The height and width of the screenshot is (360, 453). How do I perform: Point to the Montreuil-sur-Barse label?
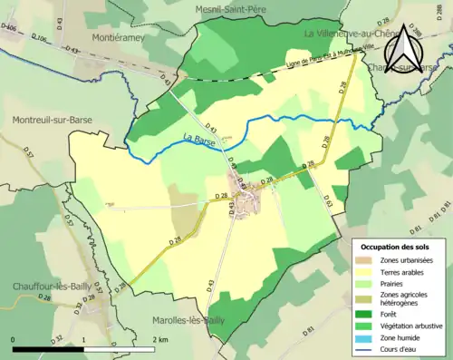tap(51, 120)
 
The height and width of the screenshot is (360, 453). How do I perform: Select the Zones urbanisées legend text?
tap(407, 261)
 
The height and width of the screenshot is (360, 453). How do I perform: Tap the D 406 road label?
tap(9, 27)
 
